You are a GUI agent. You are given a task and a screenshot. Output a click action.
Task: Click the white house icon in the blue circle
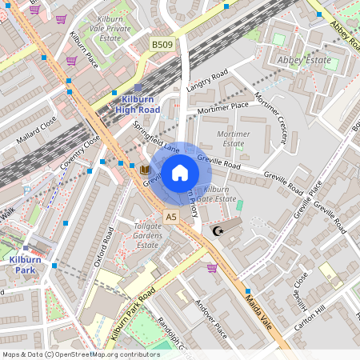pyautogui.click(x=180, y=172)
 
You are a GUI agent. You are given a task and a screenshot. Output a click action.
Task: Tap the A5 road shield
pyautogui.click(x=171, y=217)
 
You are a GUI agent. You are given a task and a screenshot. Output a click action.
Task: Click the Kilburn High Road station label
pyautogui.click(x=137, y=104)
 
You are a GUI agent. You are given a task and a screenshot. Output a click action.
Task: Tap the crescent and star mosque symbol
pyautogui.click(x=216, y=231)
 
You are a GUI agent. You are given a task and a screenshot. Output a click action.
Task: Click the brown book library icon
pyautogui.click(x=145, y=170)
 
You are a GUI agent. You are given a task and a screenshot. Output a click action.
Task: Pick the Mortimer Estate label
pyautogui.click(x=233, y=138)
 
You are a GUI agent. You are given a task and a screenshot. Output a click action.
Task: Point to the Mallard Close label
pyautogui.click(x=36, y=131)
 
